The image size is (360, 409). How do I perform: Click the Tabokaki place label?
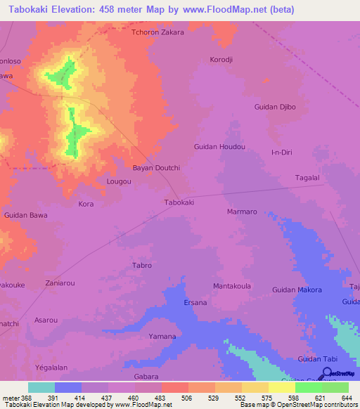point(179,202)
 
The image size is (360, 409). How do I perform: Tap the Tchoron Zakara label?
point(158,32)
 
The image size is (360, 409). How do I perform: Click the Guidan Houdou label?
point(219,146)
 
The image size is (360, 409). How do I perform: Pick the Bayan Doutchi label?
point(157,168)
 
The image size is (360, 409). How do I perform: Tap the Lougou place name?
point(119,181)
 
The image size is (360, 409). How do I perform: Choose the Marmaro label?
point(241,212)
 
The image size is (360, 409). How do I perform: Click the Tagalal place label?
point(307,178)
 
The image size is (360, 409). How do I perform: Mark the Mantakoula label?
point(232,287)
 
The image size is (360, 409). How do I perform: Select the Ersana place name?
point(195,303)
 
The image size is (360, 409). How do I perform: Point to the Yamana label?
point(162,337)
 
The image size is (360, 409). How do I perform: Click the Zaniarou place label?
point(60,283)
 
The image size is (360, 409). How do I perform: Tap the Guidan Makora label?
point(297,290)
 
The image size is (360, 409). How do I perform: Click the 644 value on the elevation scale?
point(345,398)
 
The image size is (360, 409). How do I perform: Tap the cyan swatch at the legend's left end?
point(41,387)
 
